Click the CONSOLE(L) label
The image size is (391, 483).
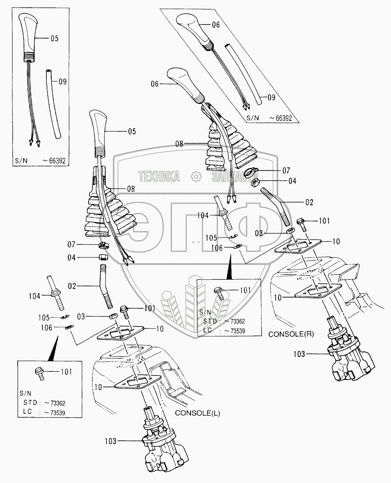point(198,413)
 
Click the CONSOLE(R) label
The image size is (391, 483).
point(291,334)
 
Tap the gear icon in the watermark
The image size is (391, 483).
point(196,177)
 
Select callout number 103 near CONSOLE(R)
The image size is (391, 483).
point(299,354)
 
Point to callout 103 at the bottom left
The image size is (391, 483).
point(111,441)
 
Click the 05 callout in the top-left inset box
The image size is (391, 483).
point(54,38)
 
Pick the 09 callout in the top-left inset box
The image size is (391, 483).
point(63,82)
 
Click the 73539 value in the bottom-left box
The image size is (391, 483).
point(56,413)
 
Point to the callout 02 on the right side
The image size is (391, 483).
point(309,202)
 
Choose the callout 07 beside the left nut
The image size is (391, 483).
point(72,245)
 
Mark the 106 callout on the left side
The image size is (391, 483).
point(47,328)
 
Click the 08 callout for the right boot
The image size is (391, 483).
point(179,144)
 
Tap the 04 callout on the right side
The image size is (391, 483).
point(292,181)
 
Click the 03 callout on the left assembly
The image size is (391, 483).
point(81,316)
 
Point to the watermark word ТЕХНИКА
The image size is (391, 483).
point(159,177)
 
